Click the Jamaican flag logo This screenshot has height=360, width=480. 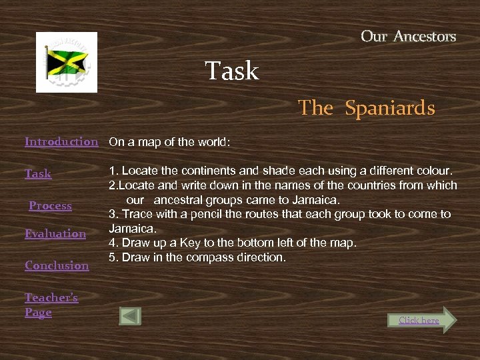[x=67, y=62]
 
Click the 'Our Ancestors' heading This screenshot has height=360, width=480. [x=408, y=37]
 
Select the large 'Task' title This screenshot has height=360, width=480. [x=232, y=71]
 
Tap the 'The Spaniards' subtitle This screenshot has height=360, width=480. [x=366, y=108]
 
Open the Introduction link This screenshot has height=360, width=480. [x=61, y=141]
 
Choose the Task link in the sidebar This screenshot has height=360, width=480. [x=38, y=173]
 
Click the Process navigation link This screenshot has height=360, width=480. [x=50, y=205]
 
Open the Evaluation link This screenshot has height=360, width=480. [x=55, y=233]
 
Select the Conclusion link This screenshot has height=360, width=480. [x=57, y=265]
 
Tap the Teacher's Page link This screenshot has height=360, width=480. [x=51, y=305]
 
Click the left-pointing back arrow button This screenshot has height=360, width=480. [x=130, y=316]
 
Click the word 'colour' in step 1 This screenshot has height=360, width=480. [x=434, y=171]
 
